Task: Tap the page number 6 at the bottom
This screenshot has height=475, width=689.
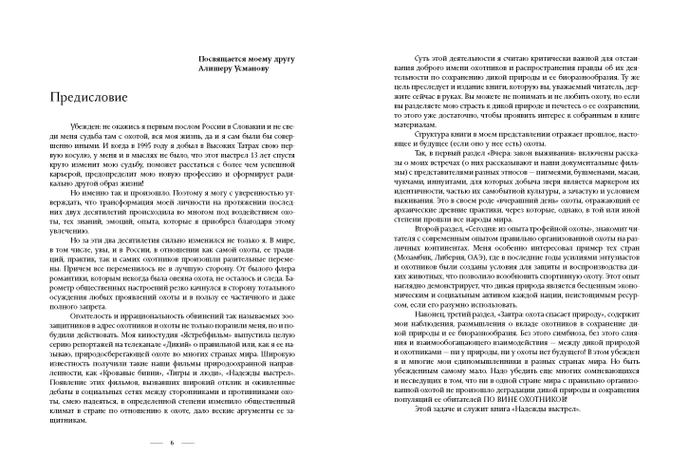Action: [172, 443]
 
